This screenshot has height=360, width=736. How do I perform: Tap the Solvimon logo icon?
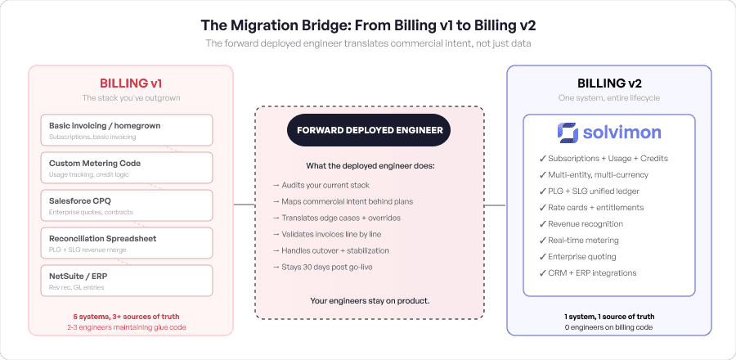tap(567, 132)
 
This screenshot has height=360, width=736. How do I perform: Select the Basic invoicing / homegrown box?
tap(126, 129)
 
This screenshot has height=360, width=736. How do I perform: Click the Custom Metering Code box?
tap(126, 167)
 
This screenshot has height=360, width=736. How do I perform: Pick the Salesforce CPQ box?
tap(126, 205)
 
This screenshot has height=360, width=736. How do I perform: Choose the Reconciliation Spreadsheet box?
tap(126, 242)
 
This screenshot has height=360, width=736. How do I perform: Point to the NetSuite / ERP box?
tap(126, 280)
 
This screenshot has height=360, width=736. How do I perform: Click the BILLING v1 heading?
tap(131, 83)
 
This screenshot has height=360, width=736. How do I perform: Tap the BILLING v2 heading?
tap(608, 83)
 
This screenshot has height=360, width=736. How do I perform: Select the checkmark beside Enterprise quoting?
tap(543, 256)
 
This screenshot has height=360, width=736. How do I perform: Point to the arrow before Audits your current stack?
tap(276, 186)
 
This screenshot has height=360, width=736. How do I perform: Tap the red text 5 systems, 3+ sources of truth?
tap(131, 316)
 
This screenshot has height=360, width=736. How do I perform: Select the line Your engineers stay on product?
tap(370, 301)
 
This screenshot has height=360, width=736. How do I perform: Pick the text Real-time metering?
tap(584, 239)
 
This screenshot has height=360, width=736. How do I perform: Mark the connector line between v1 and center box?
tap(244, 204)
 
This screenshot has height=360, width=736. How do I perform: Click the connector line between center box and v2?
tap(495, 204)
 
